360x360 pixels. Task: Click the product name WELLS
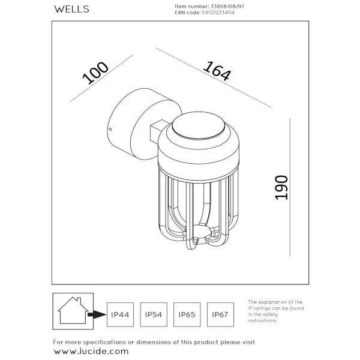(72, 8)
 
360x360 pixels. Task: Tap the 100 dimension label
(95, 74)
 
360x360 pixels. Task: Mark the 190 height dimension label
(281, 187)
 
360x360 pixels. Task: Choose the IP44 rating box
(120, 314)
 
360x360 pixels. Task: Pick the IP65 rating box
(187, 314)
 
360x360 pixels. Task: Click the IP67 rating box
(220, 314)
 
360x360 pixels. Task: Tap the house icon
(70, 311)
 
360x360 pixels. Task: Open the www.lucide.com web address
(91, 351)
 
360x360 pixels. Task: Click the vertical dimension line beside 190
(290, 186)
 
